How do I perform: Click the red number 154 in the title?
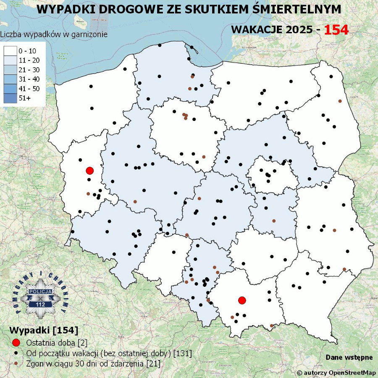(x=336, y=30)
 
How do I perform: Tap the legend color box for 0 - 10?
(x=10, y=51)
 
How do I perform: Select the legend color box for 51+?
(x=10, y=98)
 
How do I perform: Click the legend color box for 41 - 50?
(x=10, y=89)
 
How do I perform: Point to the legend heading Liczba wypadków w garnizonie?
(x=54, y=34)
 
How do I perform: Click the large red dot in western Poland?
(x=89, y=171)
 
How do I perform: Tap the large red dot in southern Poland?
(x=242, y=300)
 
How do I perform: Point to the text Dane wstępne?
(x=349, y=357)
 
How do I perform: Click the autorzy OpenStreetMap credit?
(x=336, y=373)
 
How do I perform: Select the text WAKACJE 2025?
(x=272, y=30)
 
